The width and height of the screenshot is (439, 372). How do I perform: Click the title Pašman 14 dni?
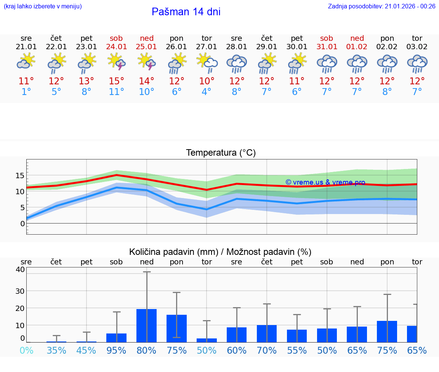tap(186, 12)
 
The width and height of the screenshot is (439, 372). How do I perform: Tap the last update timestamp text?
tap(381, 6)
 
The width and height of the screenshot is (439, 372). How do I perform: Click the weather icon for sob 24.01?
tap(117, 61)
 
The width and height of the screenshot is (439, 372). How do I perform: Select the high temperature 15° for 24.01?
tap(117, 81)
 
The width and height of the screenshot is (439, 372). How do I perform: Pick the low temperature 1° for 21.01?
tap(26, 92)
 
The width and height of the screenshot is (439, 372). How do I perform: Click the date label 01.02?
tap(357, 47)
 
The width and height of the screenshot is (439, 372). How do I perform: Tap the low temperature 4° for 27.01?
tap(207, 92)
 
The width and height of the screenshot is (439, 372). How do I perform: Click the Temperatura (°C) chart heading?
tap(221, 153)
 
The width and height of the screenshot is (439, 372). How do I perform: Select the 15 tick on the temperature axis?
tap(20, 176)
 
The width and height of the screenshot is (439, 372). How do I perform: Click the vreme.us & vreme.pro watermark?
tap(325, 182)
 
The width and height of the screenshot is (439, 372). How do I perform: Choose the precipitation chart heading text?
tap(220, 252)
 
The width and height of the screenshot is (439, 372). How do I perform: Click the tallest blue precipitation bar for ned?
tap(147, 325)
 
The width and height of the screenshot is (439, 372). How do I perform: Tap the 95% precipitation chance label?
tap(117, 350)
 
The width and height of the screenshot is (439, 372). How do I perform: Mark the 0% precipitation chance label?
tap(26, 350)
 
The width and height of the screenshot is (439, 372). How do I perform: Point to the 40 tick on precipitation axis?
tap(20, 269)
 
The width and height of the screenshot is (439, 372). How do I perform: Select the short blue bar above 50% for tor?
tap(207, 340)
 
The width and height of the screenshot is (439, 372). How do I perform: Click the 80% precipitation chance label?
tap(147, 350)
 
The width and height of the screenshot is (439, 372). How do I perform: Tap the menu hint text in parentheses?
tap(43, 6)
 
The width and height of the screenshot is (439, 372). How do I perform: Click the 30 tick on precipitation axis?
tap(20, 291)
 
